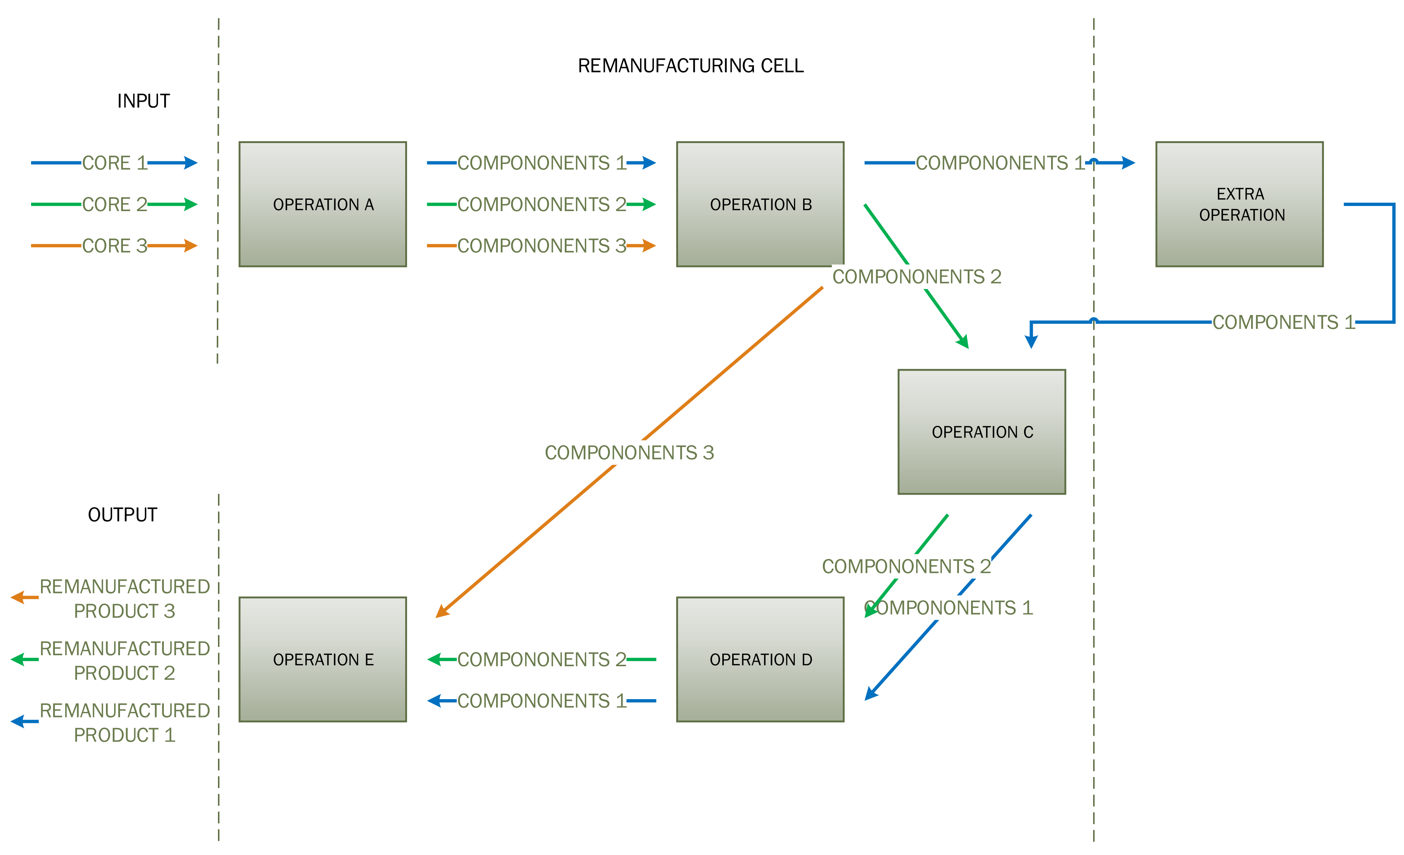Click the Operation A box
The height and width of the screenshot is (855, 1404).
click(323, 204)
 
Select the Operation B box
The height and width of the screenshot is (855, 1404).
click(760, 204)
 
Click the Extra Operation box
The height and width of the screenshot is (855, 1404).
click(1239, 204)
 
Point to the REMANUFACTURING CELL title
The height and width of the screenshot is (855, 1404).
click(690, 65)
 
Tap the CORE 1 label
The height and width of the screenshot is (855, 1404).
click(114, 163)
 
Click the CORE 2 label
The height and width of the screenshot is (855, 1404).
click(114, 204)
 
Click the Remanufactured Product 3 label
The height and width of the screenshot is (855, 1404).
click(124, 599)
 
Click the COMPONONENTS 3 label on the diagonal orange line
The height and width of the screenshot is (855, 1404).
click(629, 453)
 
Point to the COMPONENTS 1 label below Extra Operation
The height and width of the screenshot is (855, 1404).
click(1283, 322)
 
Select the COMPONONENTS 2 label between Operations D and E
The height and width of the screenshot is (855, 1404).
click(541, 660)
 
